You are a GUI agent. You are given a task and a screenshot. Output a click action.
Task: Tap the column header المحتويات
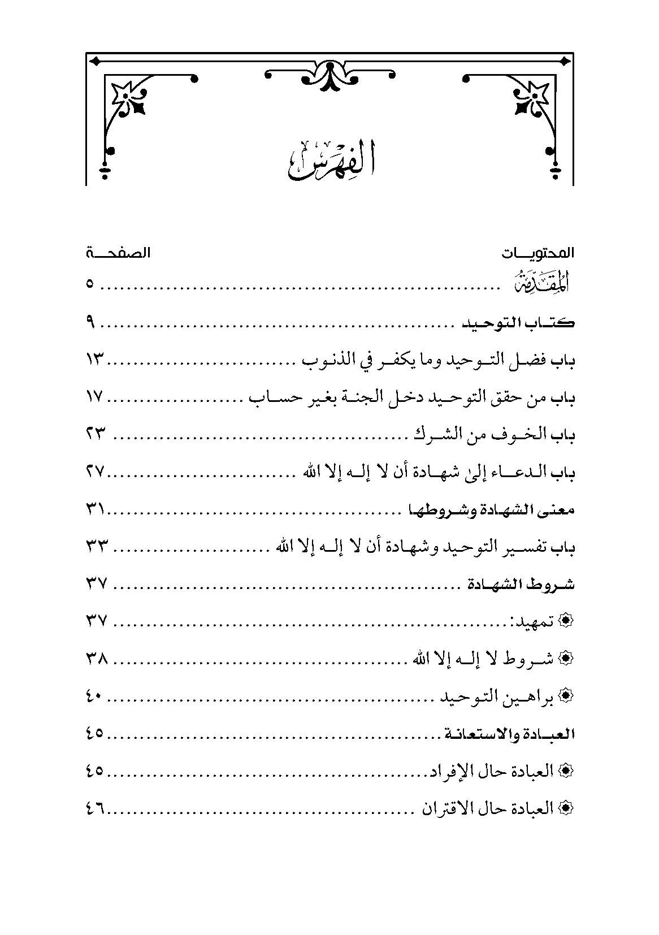tap(537, 253)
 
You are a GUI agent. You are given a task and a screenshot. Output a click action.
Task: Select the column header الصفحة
tap(118, 253)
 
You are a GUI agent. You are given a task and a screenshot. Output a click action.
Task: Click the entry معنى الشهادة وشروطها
tap(491, 510)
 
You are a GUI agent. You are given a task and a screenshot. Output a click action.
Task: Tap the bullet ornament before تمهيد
tap(566, 622)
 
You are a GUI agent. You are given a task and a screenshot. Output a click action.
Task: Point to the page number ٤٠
tap(94, 696)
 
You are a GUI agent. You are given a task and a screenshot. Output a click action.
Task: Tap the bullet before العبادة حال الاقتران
tap(566, 808)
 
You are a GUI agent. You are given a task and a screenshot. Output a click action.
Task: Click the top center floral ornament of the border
tap(329, 75)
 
